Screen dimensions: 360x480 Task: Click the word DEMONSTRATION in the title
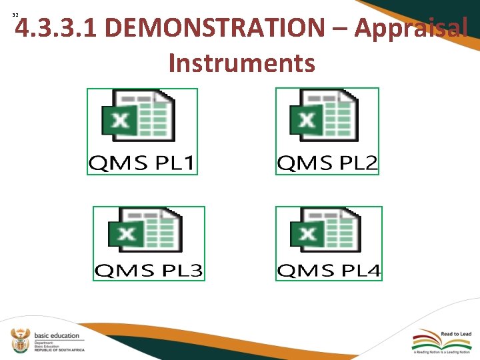tap(214, 28)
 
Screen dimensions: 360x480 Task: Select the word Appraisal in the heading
tap(410, 28)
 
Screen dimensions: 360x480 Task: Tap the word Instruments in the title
tap(241, 63)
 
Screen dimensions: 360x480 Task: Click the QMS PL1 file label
tap(143, 162)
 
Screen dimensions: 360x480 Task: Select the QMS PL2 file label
tap(327, 162)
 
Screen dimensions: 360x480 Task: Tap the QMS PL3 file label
tap(148, 271)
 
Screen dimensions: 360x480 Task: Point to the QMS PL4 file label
tap(329, 271)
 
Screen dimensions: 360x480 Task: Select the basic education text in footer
tap(57, 335)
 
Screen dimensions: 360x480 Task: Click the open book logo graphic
tap(425, 337)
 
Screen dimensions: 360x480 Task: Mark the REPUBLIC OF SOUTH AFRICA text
tap(61, 349)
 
